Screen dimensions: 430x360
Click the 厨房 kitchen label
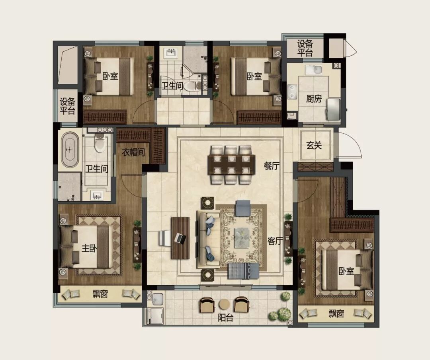pos(314,99)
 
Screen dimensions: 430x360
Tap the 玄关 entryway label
pos(314,145)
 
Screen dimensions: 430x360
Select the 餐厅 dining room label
pos(272,165)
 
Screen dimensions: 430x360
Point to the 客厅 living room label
pos(275,241)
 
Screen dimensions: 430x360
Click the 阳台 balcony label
pos(225,317)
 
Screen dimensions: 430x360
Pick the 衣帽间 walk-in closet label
pos(133,152)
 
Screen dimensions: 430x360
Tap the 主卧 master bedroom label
pos(89,248)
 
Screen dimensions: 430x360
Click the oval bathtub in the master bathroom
pos(70,150)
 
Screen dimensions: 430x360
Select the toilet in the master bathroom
pos(100,142)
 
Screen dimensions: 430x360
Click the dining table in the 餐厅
pos(231,165)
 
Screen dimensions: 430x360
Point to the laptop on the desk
pos(180,238)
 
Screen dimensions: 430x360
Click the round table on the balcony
pos(224,304)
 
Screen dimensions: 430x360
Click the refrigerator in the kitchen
pos(334,109)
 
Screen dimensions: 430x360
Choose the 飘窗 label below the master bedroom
pos(100,294)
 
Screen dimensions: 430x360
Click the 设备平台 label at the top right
pos(305,48)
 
